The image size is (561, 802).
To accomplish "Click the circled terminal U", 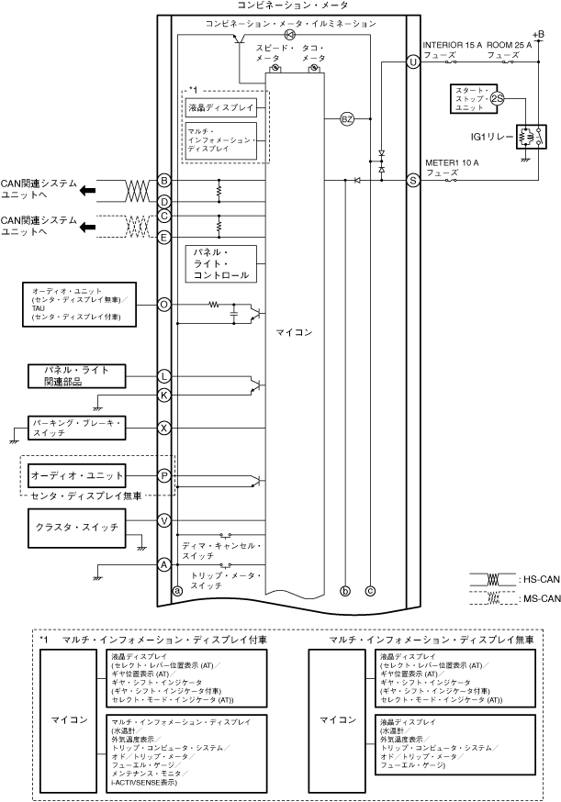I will pyautogui.click(x=413, y=61).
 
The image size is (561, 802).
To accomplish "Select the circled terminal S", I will pyautogui.click(x=413, y=181).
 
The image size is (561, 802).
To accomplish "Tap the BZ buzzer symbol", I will pyautogui.click(x=347, y=119).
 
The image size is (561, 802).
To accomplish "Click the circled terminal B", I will pyautogui.click(x=164, y=181).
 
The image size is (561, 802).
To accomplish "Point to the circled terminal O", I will pyautogui.click(x=164, y=304).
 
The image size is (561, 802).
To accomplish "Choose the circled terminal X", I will pyautogui.click(x=164, y=428).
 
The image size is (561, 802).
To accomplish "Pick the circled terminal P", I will pyautogui.click(x=164, y=475).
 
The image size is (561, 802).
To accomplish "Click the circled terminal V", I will pyautogui.click(x=164, y=520).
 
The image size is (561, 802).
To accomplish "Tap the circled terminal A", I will pyautogui.click(x=164, y=564).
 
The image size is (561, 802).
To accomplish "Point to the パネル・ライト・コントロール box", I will pyautogui.click(x=220, y=263).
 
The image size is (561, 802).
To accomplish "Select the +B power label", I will pyautogui.click(x=539, y=34).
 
